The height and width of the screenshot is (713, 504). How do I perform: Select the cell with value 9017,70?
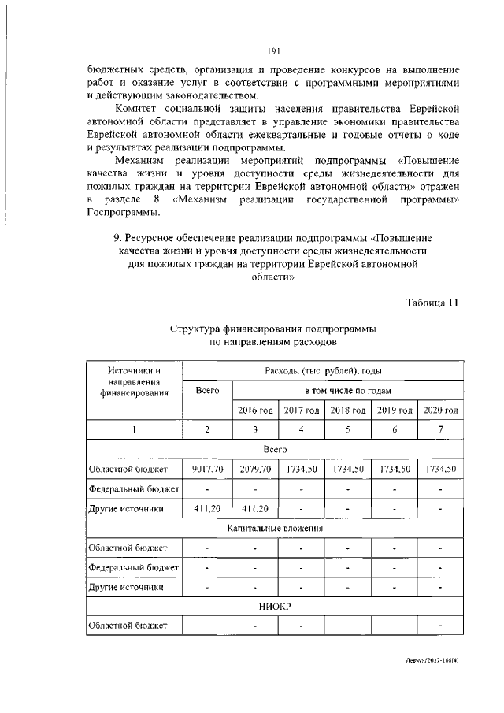click(x=207, y=469)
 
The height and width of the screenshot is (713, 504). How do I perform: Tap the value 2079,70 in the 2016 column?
click(x=255, y=469)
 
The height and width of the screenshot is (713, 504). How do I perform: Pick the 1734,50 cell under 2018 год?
click(x=348, y=469)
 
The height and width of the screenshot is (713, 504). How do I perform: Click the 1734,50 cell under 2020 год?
click(x=441, y=469)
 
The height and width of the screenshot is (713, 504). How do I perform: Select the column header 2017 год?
click(x=302, y=410)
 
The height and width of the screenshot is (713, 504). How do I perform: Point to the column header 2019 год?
click(x=395, y=410)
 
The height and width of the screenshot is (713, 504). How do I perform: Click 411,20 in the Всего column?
click(x=207, y=508)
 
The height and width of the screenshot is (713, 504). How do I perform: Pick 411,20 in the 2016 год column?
click(x=255, y=508)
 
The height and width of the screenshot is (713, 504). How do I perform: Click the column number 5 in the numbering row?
click(x=348, y=429)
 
